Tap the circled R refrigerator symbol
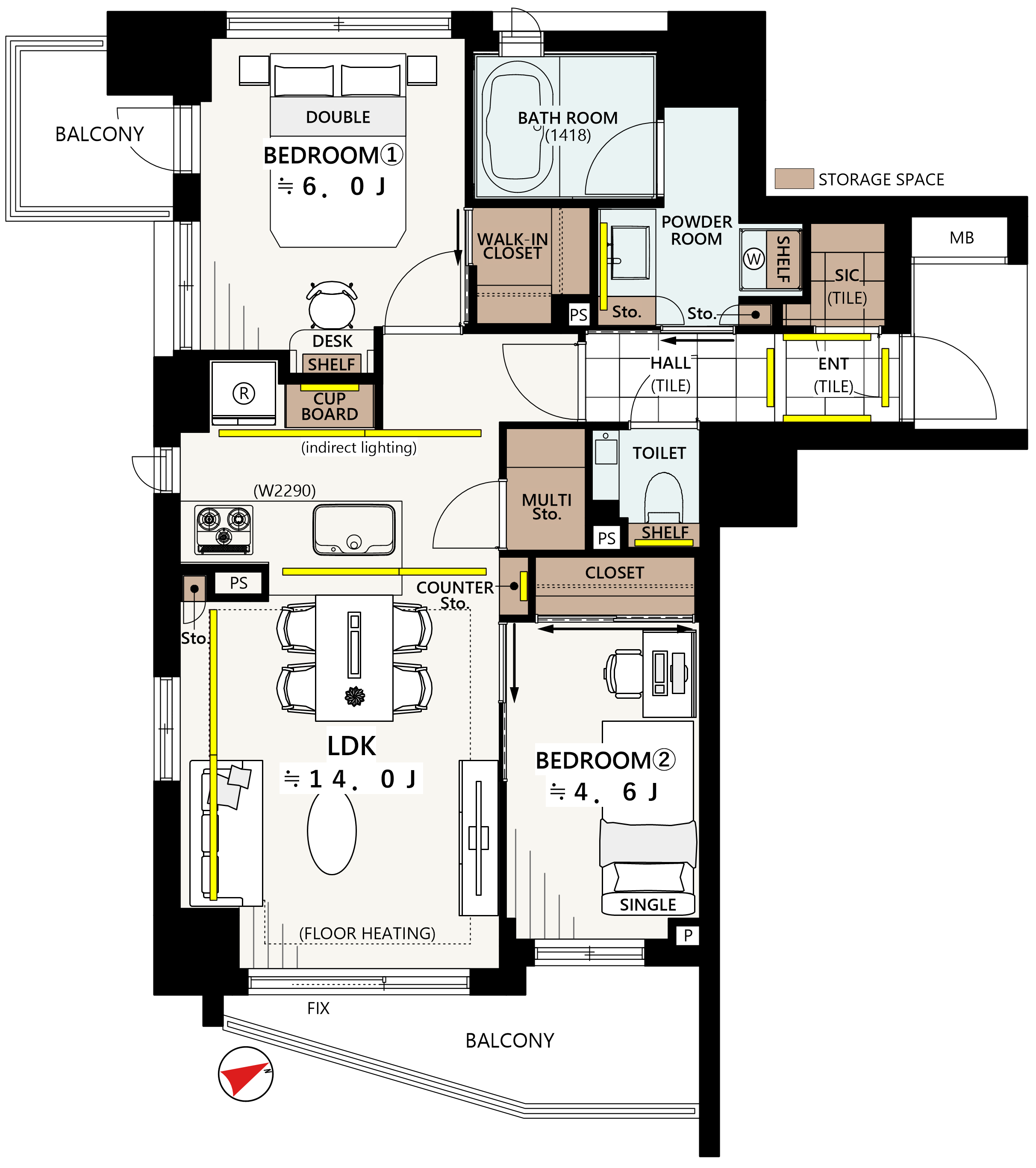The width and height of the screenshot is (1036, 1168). (x=244, y=394)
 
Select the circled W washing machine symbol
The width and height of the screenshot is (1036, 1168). (x=754, y=259)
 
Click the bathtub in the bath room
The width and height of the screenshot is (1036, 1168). (x=518, y=127)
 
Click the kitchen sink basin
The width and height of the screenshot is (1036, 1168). (x=354, y=530)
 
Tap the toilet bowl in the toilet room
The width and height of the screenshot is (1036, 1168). (x=664, y=497)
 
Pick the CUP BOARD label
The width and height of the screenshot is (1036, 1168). (x=330, y=406)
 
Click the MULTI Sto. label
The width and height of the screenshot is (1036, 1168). (x=547, y=507)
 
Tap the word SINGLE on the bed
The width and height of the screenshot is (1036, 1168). (x=648, y=905)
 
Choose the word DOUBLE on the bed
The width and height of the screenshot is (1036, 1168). (x=338, y=117)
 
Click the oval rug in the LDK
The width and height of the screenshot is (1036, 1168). (x=332, y=831)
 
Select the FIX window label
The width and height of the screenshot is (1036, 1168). (x=318, y=1009)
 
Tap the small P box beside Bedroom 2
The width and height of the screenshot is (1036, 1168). (x=688, y=936)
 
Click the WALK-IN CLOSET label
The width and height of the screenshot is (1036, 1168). (x=512, y=246)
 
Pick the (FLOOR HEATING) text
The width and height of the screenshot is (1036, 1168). (x=368, y=934)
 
